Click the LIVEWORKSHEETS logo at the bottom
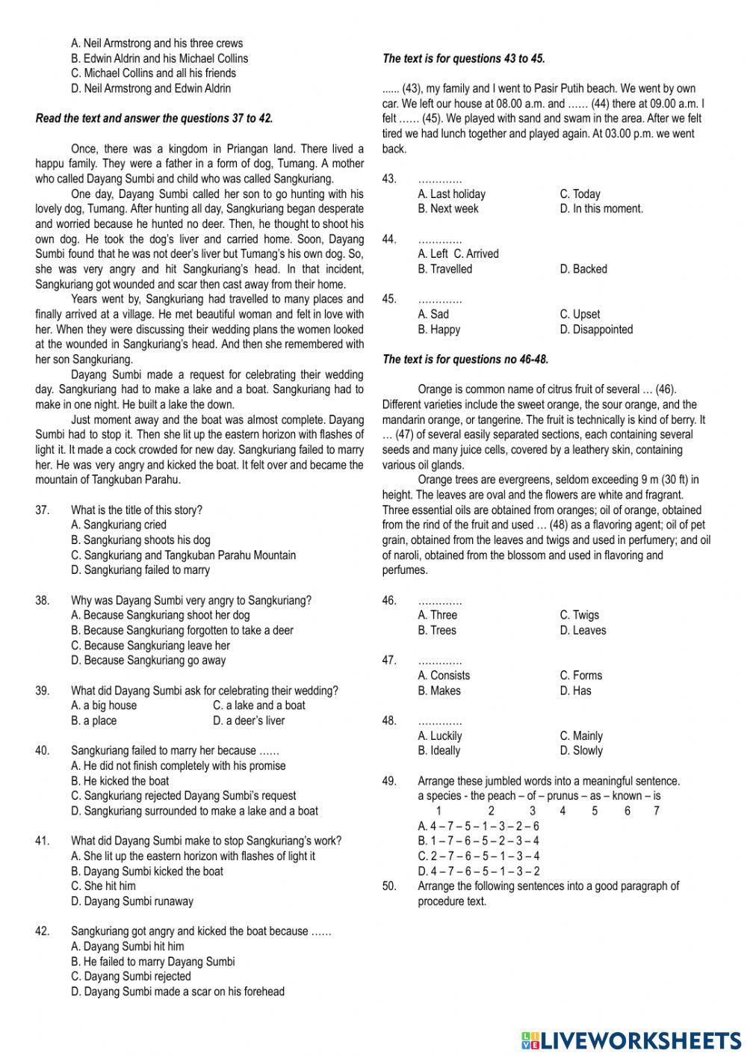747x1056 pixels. (631, 1040)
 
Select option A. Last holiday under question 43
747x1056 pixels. (451, 194)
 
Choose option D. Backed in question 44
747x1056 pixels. (583, 269)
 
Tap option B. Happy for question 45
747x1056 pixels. (439, 330)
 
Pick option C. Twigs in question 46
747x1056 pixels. (579, 615)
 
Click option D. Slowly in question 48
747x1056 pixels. (580, 750)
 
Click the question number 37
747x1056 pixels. (43, 510)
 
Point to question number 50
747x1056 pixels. (389, 886)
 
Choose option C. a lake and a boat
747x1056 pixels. (258, 705)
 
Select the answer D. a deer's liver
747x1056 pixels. (248, 720)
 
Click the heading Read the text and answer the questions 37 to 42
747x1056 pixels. (155, 118)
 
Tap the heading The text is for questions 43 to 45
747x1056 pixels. (463, 58)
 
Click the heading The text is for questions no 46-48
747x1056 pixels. (465, 359)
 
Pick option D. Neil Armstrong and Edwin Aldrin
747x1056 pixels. (151, 88)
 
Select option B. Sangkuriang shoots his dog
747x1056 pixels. (140, 540)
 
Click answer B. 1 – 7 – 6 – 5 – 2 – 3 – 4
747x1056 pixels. (478, 841)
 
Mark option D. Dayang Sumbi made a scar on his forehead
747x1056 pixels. (178, 992)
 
